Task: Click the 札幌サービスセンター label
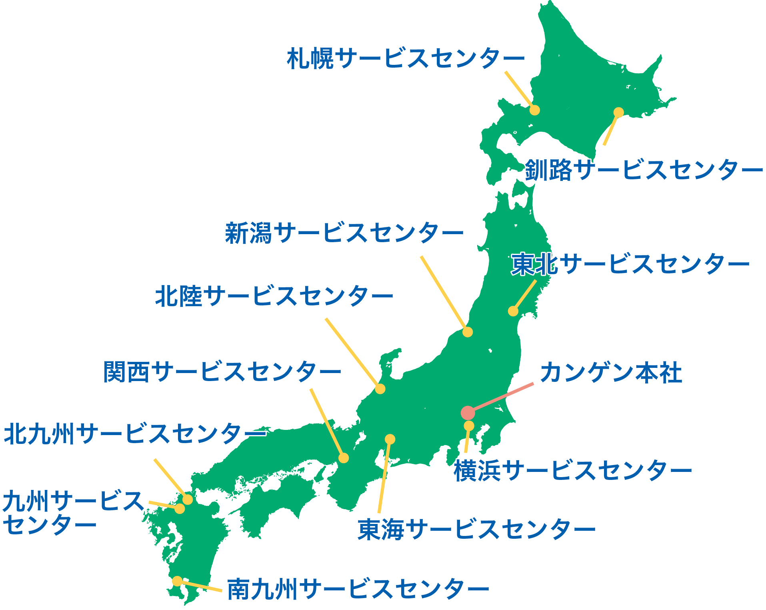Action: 405,58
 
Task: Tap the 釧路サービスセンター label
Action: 644,170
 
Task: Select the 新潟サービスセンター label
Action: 344,233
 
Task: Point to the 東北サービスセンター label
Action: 630,264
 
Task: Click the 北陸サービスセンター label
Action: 274,296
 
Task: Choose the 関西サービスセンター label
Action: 222,372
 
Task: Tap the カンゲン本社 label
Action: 611,373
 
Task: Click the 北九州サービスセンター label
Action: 135,434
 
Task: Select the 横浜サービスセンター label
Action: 572,470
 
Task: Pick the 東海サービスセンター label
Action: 476,530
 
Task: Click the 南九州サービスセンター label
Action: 358,589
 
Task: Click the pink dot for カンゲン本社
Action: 468,413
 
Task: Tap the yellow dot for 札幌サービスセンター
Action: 535,110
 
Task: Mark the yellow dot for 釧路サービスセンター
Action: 618,112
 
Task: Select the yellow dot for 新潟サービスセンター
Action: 468,332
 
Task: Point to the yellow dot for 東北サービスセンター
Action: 513,311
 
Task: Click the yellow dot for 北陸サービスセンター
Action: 380,389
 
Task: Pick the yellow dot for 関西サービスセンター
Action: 344,458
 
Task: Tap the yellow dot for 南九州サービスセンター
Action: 177,581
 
